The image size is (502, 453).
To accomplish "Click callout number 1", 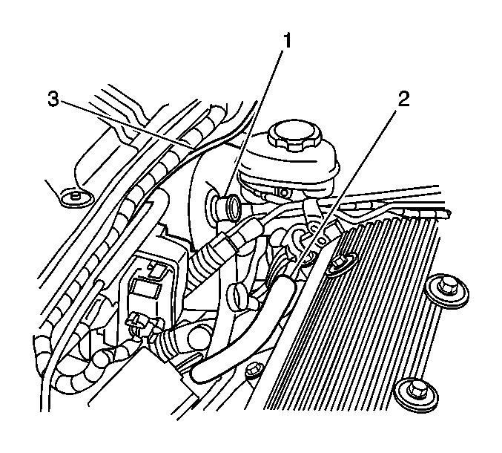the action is pyautogui.click(x=287, y=41).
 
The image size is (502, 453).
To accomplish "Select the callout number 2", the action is pyautogui.click(x=403, y=99).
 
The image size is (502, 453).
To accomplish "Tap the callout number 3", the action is pyautogui.click(x=53, y=99).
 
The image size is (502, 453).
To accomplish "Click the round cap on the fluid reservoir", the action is pyautogui.click(x=294, y=134).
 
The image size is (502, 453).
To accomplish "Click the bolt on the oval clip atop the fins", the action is pyautogui.click(x=340, y=264).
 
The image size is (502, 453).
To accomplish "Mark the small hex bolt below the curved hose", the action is pyautogui.click(x=254, y=370).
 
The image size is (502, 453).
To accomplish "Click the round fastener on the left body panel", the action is pyautogui.click(x=76, y=196).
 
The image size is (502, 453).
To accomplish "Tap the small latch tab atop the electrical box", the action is pyautogui.click(x=157, y=268).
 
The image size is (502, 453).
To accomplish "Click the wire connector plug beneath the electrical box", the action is pyautogui.click(x=141, y=325).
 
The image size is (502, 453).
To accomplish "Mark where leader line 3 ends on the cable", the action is pyautogui.click(x=191, y=149).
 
